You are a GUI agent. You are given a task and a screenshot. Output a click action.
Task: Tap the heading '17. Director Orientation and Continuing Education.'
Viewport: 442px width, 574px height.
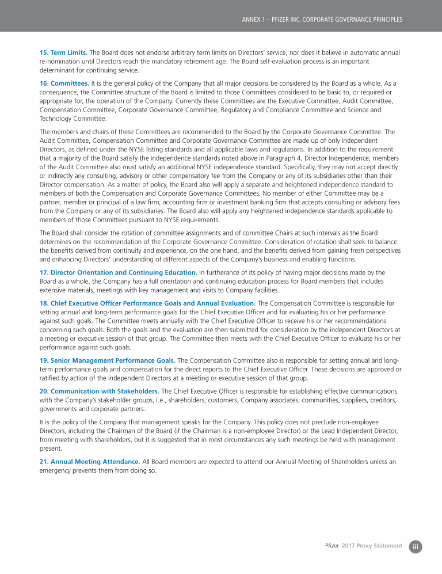pos(118,272)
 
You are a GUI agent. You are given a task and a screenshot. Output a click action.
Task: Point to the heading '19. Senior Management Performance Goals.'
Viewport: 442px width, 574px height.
pos(108,360)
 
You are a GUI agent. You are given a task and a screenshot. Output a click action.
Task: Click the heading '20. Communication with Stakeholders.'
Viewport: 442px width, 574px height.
pos(99,391)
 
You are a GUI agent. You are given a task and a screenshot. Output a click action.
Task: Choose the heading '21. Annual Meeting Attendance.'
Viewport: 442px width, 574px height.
pos(90,462)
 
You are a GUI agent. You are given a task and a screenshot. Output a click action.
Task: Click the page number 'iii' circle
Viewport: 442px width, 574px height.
pos(416,546)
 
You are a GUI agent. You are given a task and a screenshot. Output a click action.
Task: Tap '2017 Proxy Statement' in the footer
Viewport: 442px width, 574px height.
pos(372,546)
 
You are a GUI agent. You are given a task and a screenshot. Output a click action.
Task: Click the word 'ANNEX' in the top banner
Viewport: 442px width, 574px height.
pos(252,20)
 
